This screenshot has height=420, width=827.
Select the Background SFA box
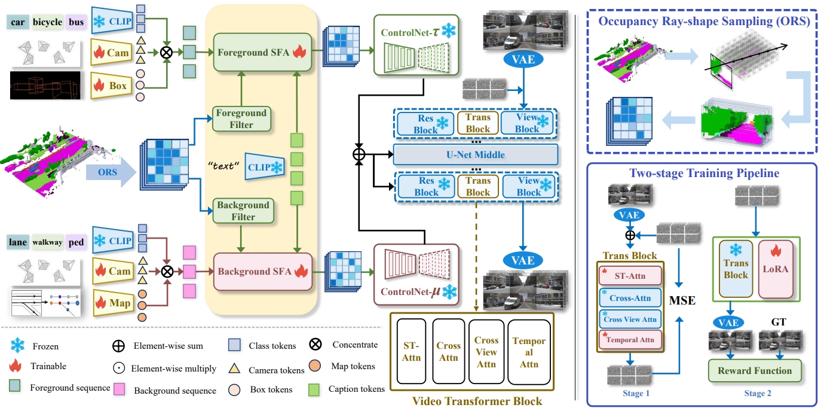[x=261, y=272]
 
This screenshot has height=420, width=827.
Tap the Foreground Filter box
[x=242, y=118]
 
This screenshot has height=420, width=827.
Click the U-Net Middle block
[x=475, y=155]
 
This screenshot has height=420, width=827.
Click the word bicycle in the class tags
[x=47, y=23]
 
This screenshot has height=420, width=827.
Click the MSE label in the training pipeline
[x=682, y=300]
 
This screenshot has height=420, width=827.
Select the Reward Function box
[x=755, y=370]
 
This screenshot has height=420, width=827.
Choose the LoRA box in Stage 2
[x=775, y=269]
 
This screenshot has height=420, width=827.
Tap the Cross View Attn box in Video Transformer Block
[x=486, y=352]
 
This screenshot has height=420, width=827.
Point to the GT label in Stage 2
[x=779, y=322]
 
